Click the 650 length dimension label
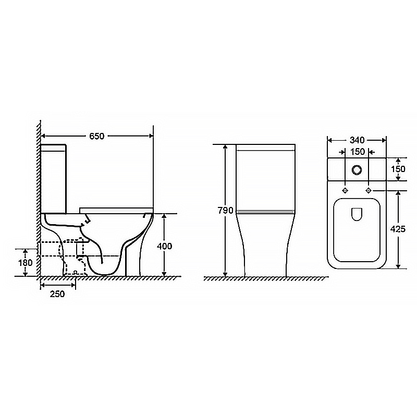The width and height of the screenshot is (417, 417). (96, 136)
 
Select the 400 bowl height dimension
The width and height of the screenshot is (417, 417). (164, 246)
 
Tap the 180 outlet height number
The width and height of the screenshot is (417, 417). (25, 263)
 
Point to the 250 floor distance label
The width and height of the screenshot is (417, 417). (57, 294)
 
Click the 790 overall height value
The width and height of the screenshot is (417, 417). (226, 211)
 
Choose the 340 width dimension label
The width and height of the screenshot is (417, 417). (357, 140)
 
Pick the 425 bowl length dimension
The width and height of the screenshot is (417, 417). (398, 229)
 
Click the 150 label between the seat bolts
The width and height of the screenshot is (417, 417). (358, 152)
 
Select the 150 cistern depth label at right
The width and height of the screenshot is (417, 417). (398, 169)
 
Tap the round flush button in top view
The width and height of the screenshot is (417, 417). (357, 169)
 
